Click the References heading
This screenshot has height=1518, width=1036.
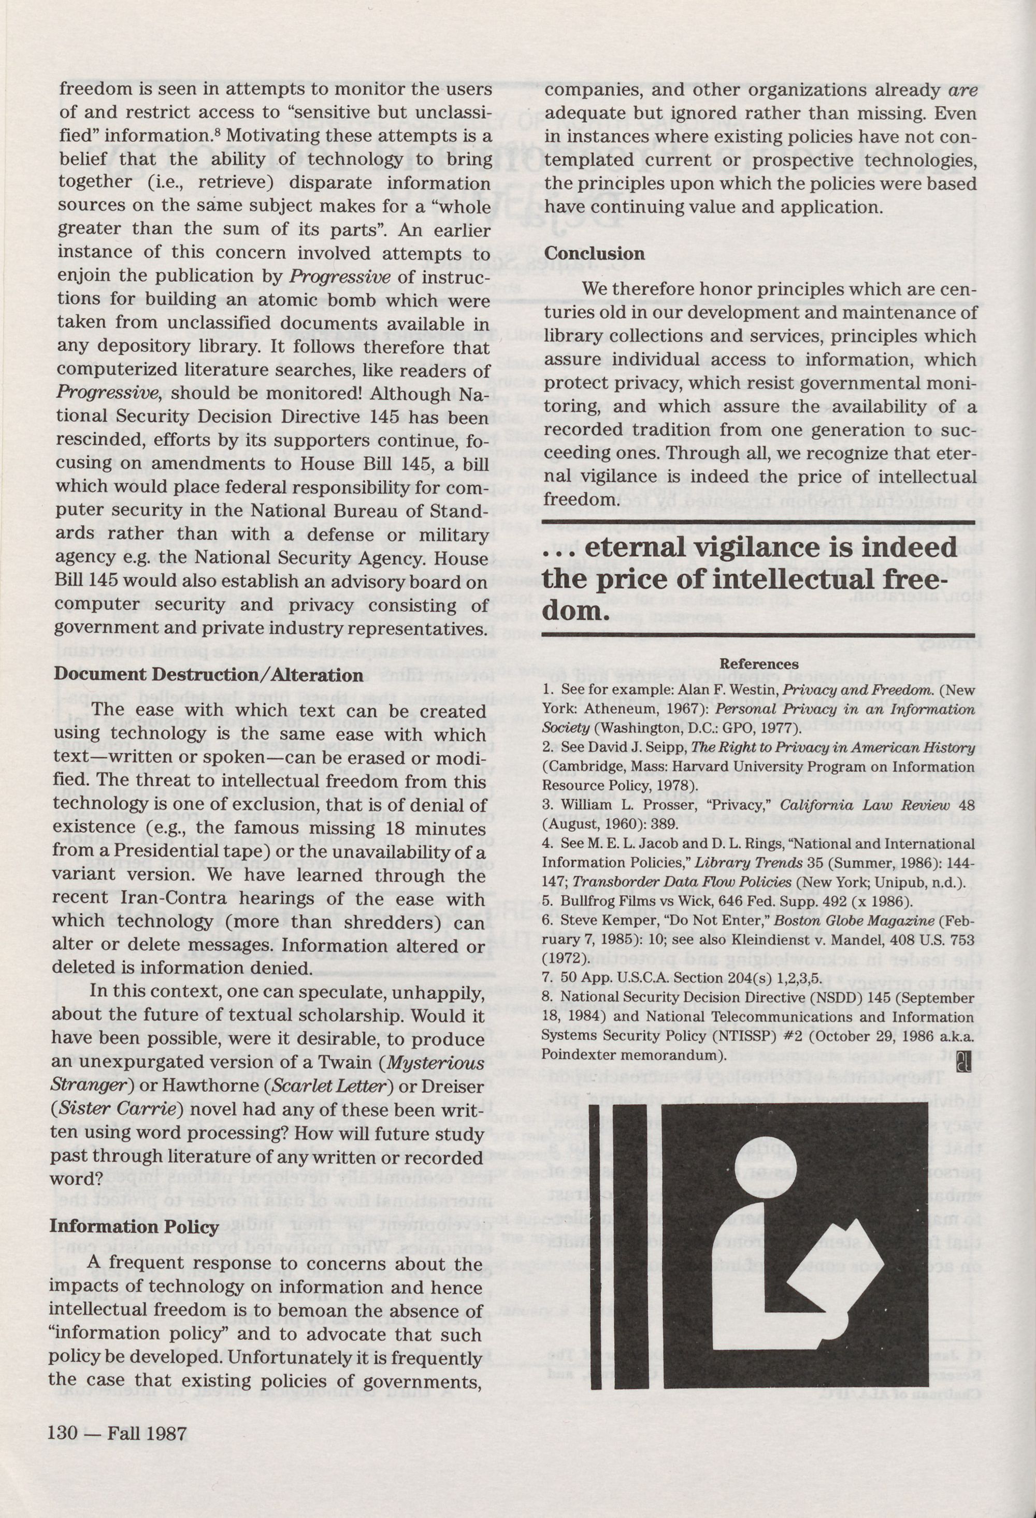coord(758,663)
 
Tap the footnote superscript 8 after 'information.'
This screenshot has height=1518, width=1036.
coord(221,131)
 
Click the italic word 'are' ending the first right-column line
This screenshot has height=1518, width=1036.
coord(961,91)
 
